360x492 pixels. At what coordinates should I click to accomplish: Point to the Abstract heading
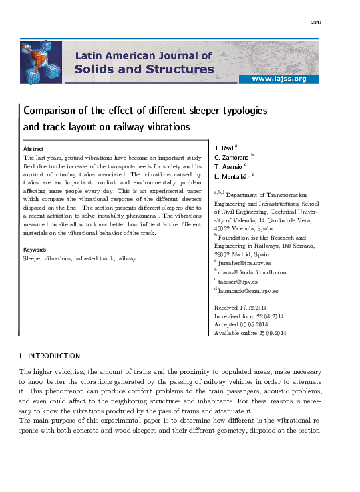(34, 148)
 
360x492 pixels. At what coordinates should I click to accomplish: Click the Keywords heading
(35, 250)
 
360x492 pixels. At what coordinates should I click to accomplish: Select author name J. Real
(225, 147)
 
